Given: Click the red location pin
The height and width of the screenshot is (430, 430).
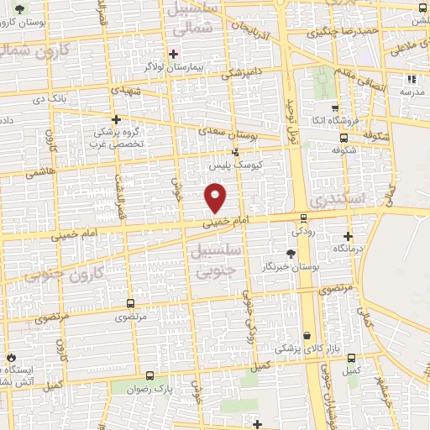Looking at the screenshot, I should [x=217, y=197].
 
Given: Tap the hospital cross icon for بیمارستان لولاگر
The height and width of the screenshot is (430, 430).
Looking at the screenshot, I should [x=173, y=54].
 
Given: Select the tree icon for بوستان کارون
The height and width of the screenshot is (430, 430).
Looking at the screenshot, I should [x=20, y=9].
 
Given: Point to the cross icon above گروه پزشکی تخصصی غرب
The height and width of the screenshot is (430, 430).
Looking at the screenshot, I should [x=116, y=119].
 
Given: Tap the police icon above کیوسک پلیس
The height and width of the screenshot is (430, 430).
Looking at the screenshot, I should [x=235, y=152].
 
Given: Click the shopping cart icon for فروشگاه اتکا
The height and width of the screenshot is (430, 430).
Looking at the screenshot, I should [x=335, y=108].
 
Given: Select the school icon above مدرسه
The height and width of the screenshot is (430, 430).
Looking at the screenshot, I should [x=412, y=79].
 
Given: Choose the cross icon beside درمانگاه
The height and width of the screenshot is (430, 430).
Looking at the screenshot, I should [x=348, y=236].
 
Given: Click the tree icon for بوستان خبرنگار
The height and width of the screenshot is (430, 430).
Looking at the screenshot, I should [x=291, y=252].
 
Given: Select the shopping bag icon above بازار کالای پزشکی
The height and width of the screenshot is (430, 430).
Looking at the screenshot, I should [x=307, y=335].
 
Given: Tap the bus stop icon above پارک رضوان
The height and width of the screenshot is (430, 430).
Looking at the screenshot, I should [x=150, y=375].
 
